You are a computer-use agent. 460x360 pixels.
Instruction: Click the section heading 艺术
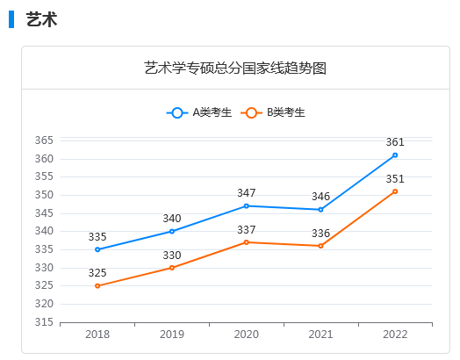[x=41, y=19]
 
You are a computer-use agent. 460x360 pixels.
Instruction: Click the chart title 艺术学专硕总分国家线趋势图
[x=235, y=68]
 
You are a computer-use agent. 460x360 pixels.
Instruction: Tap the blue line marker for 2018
[x=97, y=249]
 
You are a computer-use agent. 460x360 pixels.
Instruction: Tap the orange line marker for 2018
[x=97, y=285]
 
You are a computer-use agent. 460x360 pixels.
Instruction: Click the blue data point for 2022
[x=395, y=155]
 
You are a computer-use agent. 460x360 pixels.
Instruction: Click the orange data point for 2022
[x=395, y=191]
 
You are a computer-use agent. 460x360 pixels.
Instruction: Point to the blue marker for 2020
[x=246, y=205]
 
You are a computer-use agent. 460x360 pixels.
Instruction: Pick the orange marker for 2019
[x=172, y=268]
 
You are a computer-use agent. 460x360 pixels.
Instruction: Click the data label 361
[x=395, y=141]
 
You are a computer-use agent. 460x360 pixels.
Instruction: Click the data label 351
[x=395, y=178]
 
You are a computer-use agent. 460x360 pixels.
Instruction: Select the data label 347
[x=246, y=192]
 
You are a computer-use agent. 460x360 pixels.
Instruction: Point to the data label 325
[x=97, y=273]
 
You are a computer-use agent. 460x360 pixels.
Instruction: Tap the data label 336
[x=320, y=233]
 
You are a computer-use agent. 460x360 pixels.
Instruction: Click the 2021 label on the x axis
[x=320, y=335]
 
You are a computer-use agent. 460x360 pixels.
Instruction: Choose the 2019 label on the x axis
[x=172, y=335]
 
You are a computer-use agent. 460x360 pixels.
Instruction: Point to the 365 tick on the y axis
[x=45, y=140]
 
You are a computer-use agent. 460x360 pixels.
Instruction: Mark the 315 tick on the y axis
[x=45, y=322]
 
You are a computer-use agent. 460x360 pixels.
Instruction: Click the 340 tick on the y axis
[x=45, y=231]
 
